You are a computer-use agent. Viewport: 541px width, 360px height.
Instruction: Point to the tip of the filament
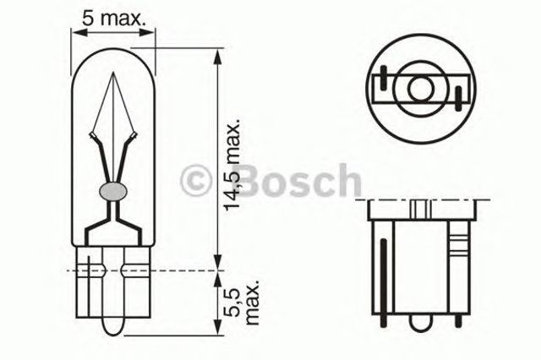113,73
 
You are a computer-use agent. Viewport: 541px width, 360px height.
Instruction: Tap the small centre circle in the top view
419,88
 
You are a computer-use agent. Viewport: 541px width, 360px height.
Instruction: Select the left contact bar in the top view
382,88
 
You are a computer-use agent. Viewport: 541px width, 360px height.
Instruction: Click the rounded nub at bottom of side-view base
421,322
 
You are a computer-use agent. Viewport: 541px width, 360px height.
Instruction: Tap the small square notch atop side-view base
420,206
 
